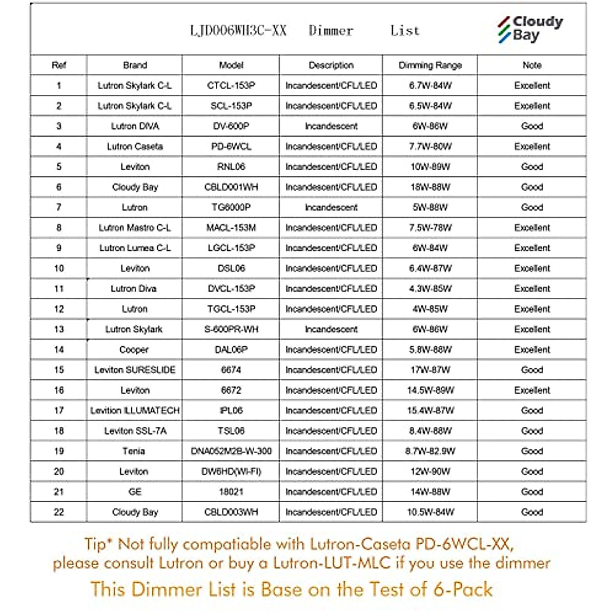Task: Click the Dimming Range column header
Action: click(x=430, y=65)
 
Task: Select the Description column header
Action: click(x=331, y=65)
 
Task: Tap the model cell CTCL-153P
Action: click(x=231, y=86)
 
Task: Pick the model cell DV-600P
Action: click(x=231, y=126)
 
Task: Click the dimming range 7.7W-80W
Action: click(x=430, y=147)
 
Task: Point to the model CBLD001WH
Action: click(x=231, y=187)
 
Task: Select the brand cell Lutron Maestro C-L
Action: click(x=135, y=228)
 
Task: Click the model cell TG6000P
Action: click(x=231, y=208)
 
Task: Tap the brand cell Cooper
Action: click(x=134, y=350)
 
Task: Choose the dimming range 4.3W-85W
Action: click(x=430, y=289)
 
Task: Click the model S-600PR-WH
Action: click(x=231, y=329)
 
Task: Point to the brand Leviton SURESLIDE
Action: click(x=135, y=370)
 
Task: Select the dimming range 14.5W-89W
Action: click(x=430, y=390)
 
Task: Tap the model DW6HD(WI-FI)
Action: click(x=231, y=471)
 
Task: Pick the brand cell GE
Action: click(x=135, y=491)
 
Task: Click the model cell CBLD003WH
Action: click(x=231, y=512)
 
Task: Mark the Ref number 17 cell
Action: click(x=59, y=411)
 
